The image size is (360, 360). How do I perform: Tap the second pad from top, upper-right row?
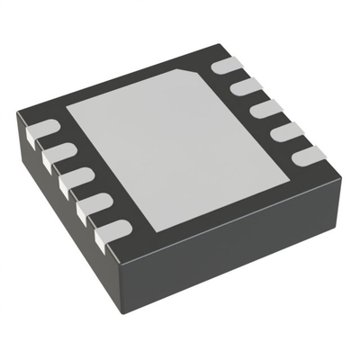tap(243, 87)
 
